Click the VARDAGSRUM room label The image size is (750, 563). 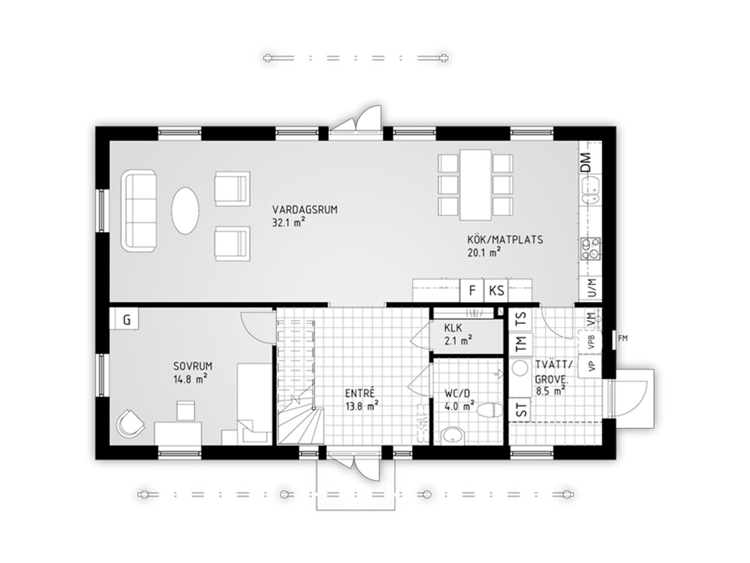[305, 210]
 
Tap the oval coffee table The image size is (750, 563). [185, 210]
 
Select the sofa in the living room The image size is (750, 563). [139, 210]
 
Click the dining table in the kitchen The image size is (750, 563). [475, 185]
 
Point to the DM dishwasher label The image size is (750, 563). [586, 162]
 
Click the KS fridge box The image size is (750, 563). [496, 290]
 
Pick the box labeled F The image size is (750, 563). [472, 290]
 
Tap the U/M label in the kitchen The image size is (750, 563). [592, 288]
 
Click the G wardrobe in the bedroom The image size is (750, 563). [127, 320]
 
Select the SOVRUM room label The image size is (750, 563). [193, 366]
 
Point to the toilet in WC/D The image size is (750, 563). [490, 410]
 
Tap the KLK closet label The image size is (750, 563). [453, 328]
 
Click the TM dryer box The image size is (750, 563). [520, 344]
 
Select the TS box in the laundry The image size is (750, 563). [520, 319]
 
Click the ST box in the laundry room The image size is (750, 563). [520, 410]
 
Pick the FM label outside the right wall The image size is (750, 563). [623, 338]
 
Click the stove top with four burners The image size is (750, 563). [591, 249]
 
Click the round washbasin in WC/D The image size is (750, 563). [453, 436]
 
